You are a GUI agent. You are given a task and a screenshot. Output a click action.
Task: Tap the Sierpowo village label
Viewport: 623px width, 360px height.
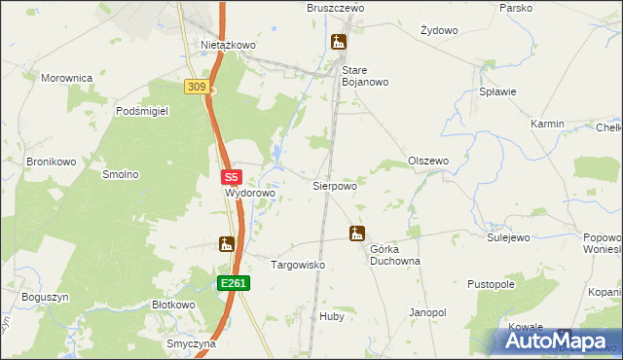(x=334, y=185)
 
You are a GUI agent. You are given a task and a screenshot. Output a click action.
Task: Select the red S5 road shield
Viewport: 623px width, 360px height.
(x=231, y=178)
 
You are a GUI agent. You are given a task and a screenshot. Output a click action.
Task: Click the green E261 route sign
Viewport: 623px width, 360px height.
(x=234, y=283)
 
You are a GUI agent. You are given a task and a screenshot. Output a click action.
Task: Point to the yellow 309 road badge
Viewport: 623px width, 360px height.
(x=197, y=88)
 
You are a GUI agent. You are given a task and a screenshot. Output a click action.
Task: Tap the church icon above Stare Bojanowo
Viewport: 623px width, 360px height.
(x=339, y=42)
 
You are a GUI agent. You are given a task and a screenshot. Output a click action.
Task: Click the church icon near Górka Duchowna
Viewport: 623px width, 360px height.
(x=357, y=234)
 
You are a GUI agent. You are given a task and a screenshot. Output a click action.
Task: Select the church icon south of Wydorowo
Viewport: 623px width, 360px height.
(x=227, y=244)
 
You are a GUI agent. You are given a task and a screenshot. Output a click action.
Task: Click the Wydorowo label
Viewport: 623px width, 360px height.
(x=250, y=194)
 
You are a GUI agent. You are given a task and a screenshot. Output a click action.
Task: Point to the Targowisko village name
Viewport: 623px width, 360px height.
(x=297, y=265)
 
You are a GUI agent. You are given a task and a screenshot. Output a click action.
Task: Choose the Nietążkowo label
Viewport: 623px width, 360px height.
(x=228, y=45)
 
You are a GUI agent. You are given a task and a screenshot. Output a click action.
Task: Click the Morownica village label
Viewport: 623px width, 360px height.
(x=66, y=77)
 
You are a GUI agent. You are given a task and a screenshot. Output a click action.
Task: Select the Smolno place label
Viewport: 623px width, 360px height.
(x=121, y=174)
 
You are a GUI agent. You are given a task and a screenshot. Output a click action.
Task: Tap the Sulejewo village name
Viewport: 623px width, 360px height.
(x=507, y=236)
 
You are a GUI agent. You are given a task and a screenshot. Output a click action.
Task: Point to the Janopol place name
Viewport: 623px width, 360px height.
(x=427, y=312)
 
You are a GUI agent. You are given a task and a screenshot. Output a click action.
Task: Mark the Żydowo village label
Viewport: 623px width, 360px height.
(x=439, y=30)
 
